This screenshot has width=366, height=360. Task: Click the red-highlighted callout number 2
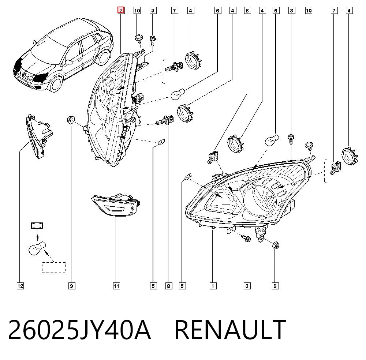point(121,11)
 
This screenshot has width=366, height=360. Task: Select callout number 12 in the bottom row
point(20,286)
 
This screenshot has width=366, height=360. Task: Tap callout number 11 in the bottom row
point(116,286)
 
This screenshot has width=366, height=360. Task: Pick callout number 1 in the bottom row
point(213,286)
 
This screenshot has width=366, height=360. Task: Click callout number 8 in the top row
point(247,11)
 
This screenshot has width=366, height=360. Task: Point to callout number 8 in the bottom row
point(168,286)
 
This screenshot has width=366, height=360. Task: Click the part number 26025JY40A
point(79,330)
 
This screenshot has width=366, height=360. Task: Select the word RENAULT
point(230,330)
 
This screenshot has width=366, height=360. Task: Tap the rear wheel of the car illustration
point(103,56)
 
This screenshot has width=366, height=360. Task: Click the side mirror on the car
point(69,62)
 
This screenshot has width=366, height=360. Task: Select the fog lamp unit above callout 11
point(116,205)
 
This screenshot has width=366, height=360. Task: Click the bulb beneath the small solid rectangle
point(37,248)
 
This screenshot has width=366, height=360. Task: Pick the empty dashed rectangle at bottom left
point(54,267)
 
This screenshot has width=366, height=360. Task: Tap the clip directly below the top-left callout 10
point(138,38)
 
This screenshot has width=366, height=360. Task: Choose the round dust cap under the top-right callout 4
point(350,156)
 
